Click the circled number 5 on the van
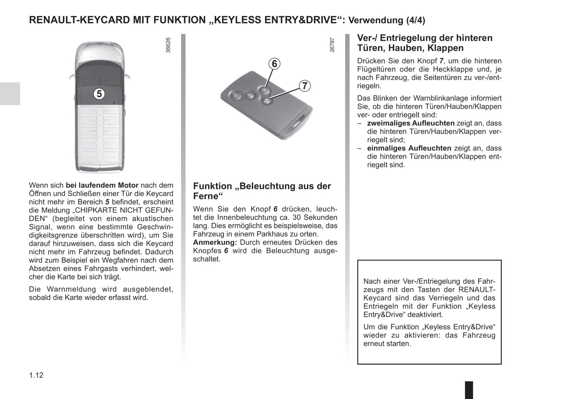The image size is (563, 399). (x=99, y=94)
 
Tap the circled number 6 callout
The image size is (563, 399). (x=274, y=64)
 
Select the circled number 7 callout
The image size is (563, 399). (x=305, y=86)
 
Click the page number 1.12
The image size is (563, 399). (x=36, y=375)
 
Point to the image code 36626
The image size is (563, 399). (x=168, y=45)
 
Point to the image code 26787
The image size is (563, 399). (x=332, y=45)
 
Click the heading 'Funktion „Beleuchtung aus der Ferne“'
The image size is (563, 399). (x=262, y=191)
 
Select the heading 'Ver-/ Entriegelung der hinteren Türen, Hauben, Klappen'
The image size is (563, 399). (x=425, y=43)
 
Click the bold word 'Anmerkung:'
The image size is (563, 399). (x=215, y=242)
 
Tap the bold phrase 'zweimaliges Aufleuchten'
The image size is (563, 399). (x=411, y=123)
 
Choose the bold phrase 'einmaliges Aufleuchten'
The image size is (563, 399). (x=409, y=148)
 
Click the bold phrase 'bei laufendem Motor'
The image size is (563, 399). (x=102, y=185)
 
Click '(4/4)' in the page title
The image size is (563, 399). (x=415, y=20)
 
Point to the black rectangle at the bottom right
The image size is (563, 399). (x=469, y=390)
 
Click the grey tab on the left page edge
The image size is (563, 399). (x=10, y=94)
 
